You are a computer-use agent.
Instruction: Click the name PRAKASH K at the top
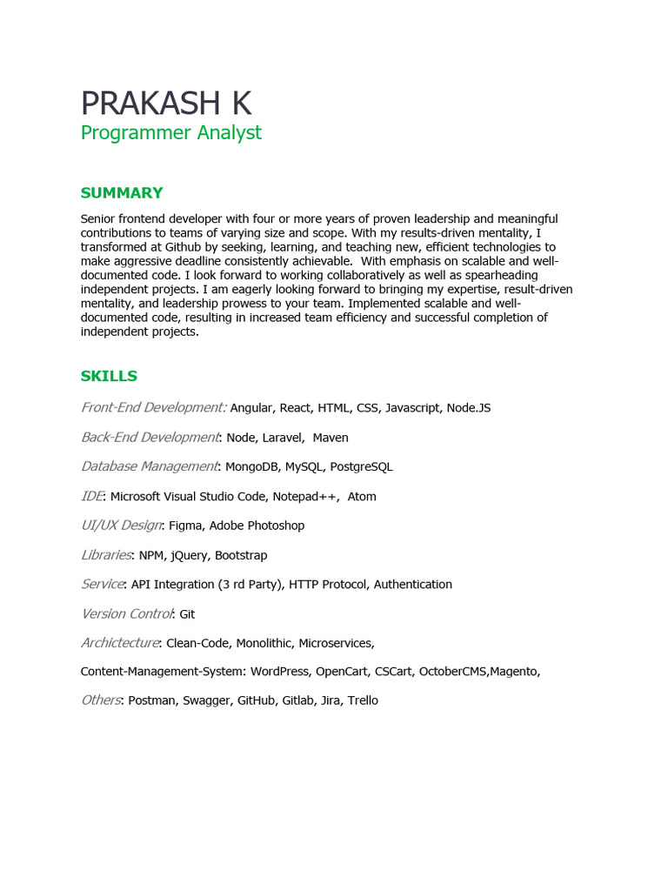(x=165, y=104)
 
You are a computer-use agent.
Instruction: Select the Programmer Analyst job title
(x=170, y=133)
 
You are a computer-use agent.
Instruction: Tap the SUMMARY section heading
(x=122, y=193)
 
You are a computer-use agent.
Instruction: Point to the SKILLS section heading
(x=109, y=376)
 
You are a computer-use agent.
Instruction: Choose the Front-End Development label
(x=153, y=407)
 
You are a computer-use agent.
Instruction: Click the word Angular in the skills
(x=251, y=408)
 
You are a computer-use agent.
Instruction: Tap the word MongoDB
(x=251, y=467)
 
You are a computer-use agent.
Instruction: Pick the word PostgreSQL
(x=361, y=467)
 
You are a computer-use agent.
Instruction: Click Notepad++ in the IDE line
(x=306, y=497)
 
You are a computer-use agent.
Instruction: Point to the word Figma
(x=185, y=526)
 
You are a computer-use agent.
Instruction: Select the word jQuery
(x=189, y=555)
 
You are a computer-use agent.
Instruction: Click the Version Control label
(x=127, y=613)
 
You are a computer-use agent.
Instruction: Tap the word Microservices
(x=336, y=643)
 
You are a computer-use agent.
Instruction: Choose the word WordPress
(x=279, y=672)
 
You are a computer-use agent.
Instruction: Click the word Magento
(x=514, y=672)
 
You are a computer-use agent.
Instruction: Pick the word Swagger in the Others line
(x=206, y=700)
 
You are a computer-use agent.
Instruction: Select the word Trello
(x=363, y=700)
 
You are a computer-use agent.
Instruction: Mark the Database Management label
(x=149, y=466)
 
